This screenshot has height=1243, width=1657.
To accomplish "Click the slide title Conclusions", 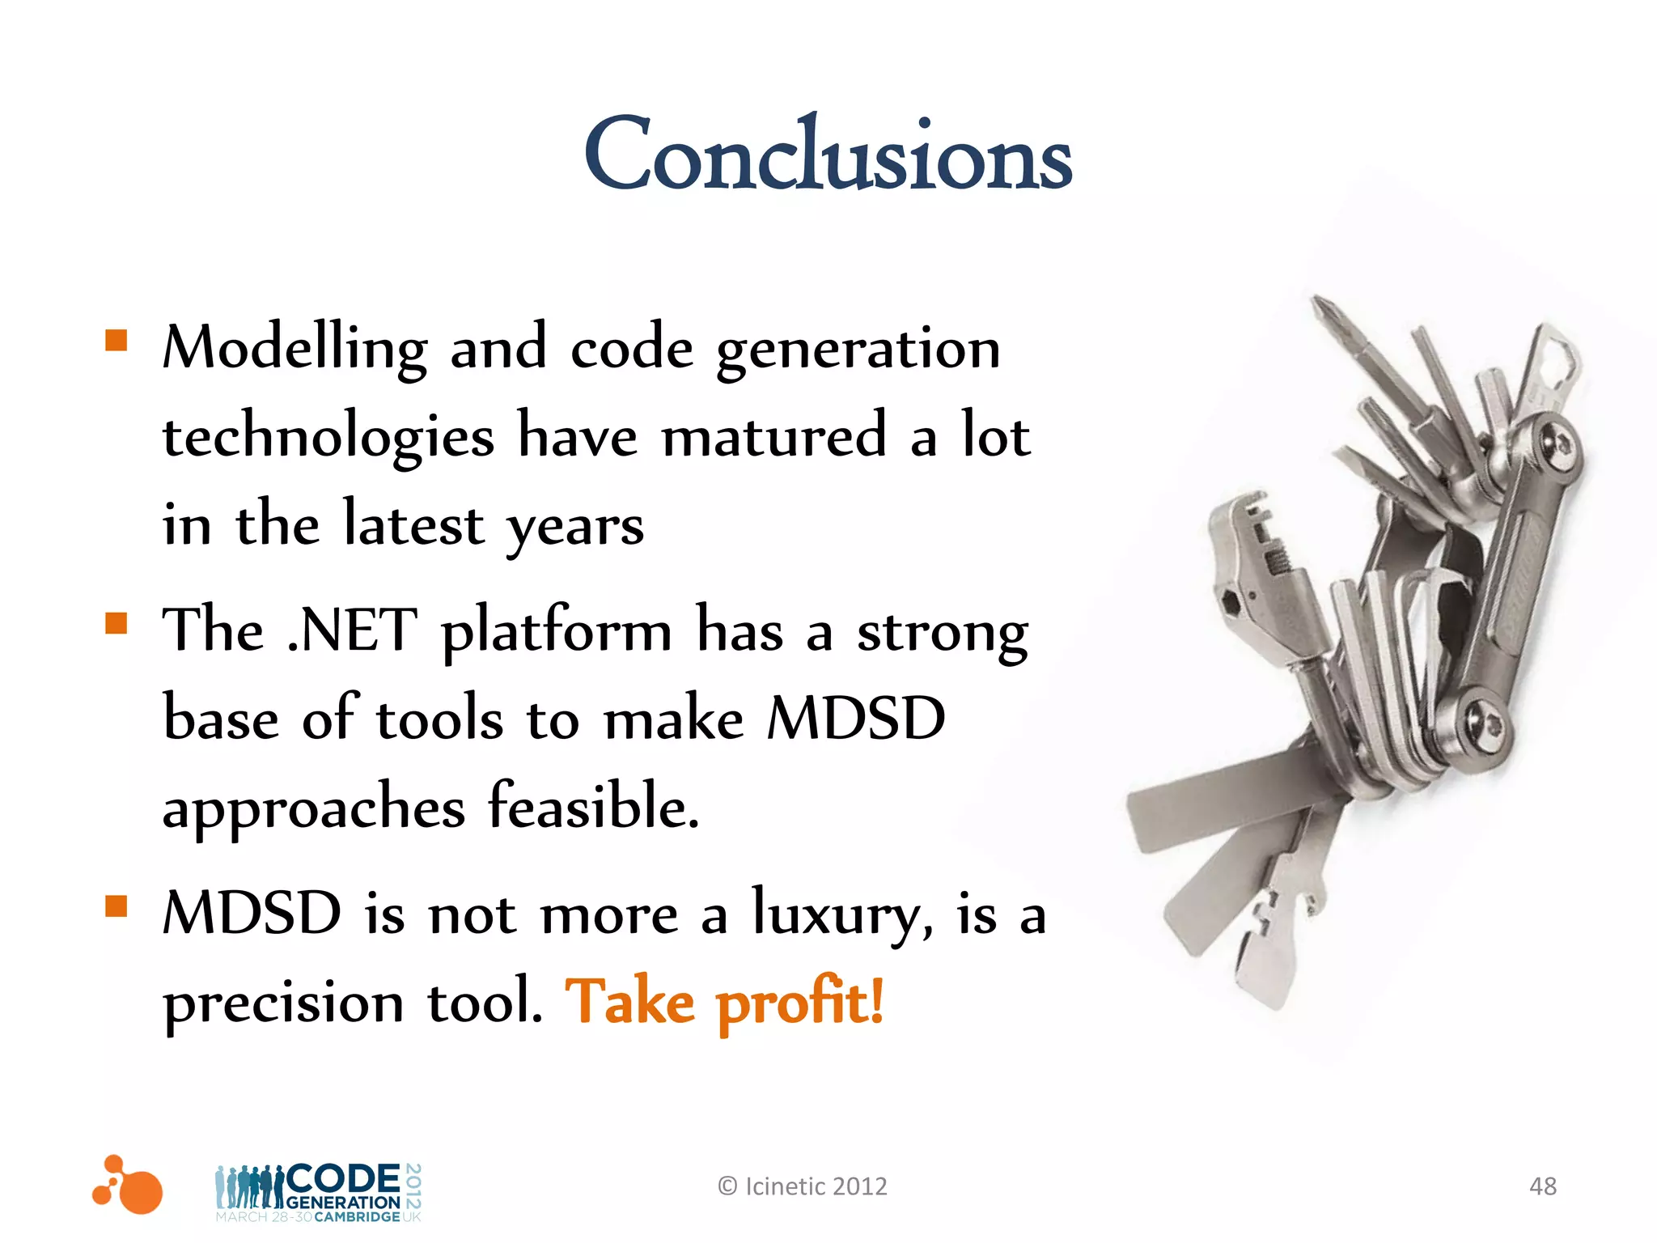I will tap(828, 155).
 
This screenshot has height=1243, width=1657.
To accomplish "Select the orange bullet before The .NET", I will tap(117, 623).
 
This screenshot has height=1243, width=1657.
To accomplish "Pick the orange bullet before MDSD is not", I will tap(117, 906).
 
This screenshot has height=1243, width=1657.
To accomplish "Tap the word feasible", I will tap(593, 807).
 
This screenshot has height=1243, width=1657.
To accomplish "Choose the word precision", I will tap(283, 1004).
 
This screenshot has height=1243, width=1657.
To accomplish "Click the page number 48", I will tap(1542, 1186).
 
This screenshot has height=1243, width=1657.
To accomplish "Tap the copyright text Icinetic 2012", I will tap(803, 1186).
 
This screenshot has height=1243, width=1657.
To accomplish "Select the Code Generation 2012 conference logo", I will tap(318, 1192).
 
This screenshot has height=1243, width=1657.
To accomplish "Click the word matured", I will tap(774, 437).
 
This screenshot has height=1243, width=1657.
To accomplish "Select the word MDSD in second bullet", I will tap(855, 719).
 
